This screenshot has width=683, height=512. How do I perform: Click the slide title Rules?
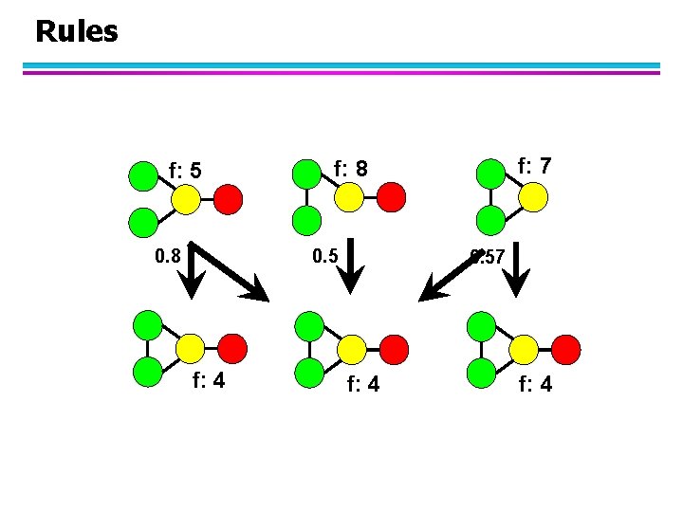pos(76,31)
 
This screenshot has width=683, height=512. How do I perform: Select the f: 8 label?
pos(350,169)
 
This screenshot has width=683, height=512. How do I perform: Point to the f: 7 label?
pos(534,166)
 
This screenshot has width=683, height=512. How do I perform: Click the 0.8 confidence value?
pos(167,255)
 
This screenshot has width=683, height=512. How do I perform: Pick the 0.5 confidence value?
pos(326,255)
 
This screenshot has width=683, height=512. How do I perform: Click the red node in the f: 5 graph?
pos(228,199)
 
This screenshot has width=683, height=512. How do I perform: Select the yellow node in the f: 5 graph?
pos(186,199)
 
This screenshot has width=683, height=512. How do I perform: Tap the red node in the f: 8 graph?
pos(392,197)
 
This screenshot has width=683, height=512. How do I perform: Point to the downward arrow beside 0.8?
pos(191,269)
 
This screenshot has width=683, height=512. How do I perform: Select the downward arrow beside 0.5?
pos(352,269)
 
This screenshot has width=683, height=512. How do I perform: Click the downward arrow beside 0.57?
pos(517,269)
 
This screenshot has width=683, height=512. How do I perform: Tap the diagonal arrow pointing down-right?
pos(232,274)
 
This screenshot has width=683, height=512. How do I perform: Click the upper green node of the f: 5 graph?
pos(142,176)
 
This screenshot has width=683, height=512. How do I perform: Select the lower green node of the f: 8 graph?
pos(306,221)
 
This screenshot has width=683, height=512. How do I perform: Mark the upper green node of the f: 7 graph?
pos(490,174)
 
